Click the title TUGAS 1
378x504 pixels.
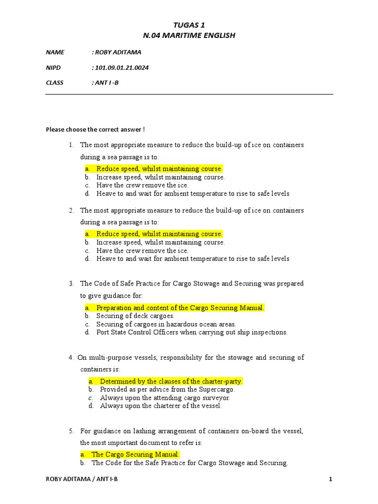click(189, 25)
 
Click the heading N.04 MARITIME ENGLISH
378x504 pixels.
click(189, 35)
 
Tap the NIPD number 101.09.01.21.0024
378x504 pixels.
click(121, 67)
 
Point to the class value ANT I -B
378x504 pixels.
click(106, 83)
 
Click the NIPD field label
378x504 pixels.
click(53, 67)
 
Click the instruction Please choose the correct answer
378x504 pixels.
click(95, 130)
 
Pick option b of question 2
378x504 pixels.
click(160, 242)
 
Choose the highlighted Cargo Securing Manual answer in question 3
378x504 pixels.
click(180, 308)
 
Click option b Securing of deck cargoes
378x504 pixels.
click(135, 316)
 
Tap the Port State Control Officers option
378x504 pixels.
click(191, 332)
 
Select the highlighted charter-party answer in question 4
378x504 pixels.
click(171, 381)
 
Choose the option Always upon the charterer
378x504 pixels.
click(161, 406)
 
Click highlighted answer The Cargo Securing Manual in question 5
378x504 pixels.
click(135, 454)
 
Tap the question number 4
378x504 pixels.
click(71, 357)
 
